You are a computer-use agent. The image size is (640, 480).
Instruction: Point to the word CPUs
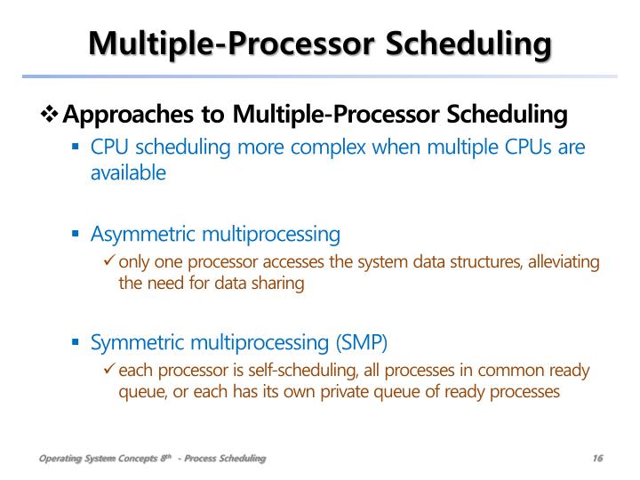[x=520, y=147]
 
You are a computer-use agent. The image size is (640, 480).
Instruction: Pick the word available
[x=128, y=172]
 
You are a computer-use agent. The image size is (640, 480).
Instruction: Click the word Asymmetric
[x=142, y=235]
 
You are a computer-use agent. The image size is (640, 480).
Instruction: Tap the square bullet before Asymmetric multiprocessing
[x=76, y=235]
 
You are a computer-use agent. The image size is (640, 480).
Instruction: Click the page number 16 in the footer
[x=596, y=458]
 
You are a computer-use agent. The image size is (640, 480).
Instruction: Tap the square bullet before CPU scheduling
[x=76, y=147]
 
